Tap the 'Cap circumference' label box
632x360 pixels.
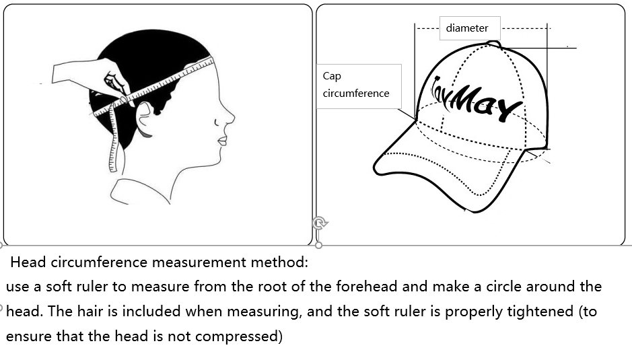(359, 86)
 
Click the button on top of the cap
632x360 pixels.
(494, 44)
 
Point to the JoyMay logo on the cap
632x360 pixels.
(476, 99)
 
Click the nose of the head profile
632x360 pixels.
(229, 118)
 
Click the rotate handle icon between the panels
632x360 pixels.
(320, 223)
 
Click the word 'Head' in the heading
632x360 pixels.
(28, 262)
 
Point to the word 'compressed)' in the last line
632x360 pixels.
(239, 336)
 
